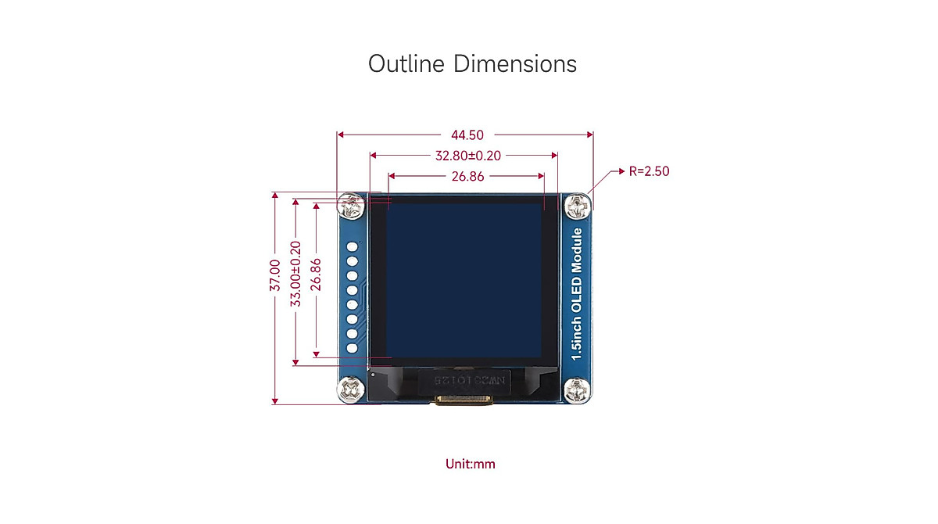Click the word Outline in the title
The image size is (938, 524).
pyautogui.click(x=407, y=63)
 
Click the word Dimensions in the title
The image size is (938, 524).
pyautogui.click(x=515, y=63)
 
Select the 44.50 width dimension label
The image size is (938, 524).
pyautogui.click(x=467, y=135)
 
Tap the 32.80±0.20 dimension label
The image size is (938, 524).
pyautogui.click(x=467, y=156)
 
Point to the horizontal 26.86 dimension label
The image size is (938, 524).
pyautogui.click(x=467, y=176)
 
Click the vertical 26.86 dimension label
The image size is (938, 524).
pyautogui.click(x=316, y=274)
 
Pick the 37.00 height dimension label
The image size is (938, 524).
pyautogui.click(x=275, y=275)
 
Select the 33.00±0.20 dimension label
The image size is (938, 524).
pyautogui.click(x=295, y=274)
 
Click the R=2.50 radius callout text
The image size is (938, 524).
pyautogui.click(x=649, y=171)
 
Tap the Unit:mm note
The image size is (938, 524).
pyautogui.click(x=471, y=464)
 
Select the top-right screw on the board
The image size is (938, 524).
pyautogui.click(x=578, y=207)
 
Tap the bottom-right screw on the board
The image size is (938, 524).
pyautogui.click(x=578, y=389)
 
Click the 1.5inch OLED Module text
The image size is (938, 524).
pyautogui.click(x=577, y=294)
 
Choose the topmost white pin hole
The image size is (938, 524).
pyautogui.click(x=352, y=248)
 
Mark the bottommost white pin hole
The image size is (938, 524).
pyautogui.click(x=352, y=347)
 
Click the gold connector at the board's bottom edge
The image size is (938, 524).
pyautogui.click(x=464, y=401)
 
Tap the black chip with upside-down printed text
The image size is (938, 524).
pyautogui.click(x=464, y=383)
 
